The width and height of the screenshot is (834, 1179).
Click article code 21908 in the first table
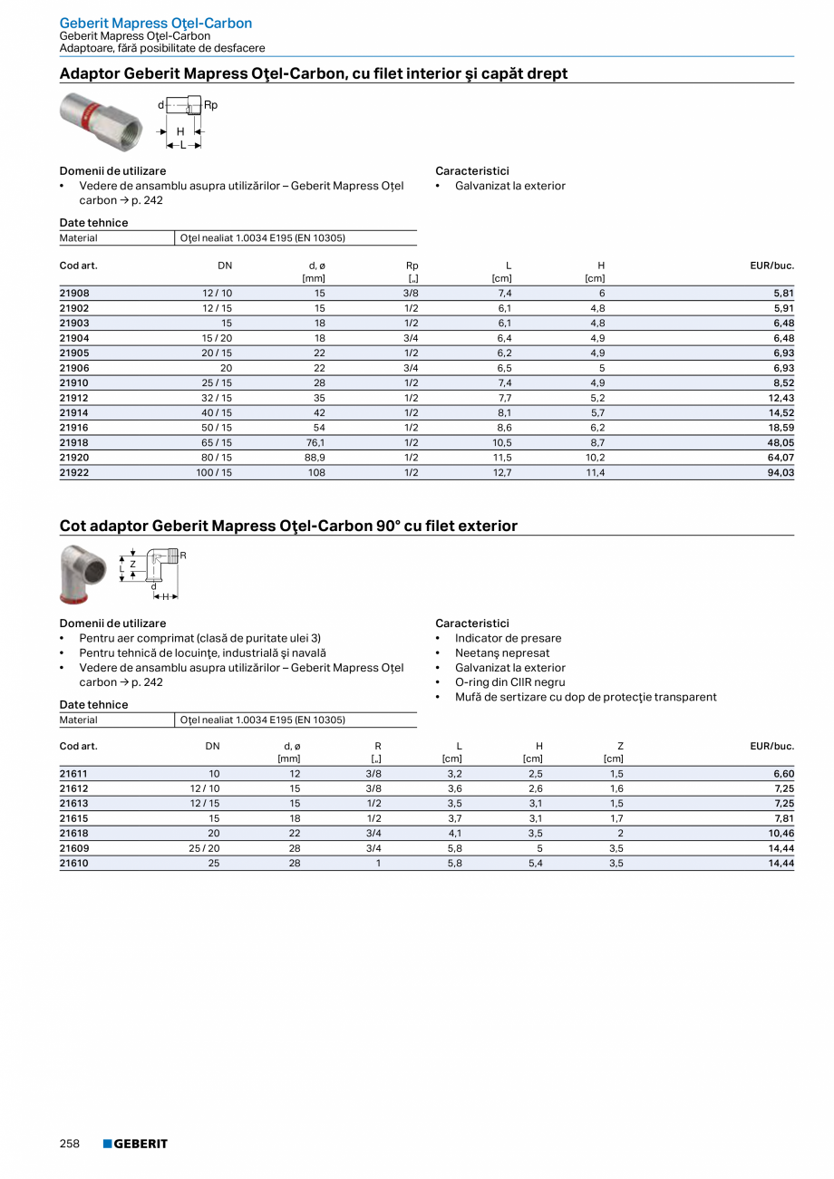(x=74, y=294)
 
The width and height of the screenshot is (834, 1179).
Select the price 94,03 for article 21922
(x=781, y=473)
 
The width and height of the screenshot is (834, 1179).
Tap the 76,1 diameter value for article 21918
(x=315, y=443)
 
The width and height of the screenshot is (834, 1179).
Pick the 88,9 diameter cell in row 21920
(x=315, y=458)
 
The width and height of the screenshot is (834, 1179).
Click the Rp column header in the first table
(x=412, y=266)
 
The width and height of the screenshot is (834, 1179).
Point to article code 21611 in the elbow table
(x=73, y=774)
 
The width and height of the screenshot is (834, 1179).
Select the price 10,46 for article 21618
(x=781, y=834)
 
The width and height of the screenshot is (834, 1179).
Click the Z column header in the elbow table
(x=620, y=746)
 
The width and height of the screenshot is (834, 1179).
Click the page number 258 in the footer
(x=70, y=1144)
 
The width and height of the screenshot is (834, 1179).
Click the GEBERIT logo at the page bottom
(x=135, y=1144)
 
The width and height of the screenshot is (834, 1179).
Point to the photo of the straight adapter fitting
(x=99, y=121)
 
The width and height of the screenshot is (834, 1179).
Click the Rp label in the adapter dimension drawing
(x=210, y=105)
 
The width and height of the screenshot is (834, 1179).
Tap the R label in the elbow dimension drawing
(x=182, y=555)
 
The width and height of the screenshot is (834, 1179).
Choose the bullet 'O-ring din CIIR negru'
(x=509, y=682)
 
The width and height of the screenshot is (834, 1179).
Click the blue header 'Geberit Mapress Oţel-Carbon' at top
(x=156, y=23)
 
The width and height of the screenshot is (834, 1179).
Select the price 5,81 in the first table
(x=783, y=294)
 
